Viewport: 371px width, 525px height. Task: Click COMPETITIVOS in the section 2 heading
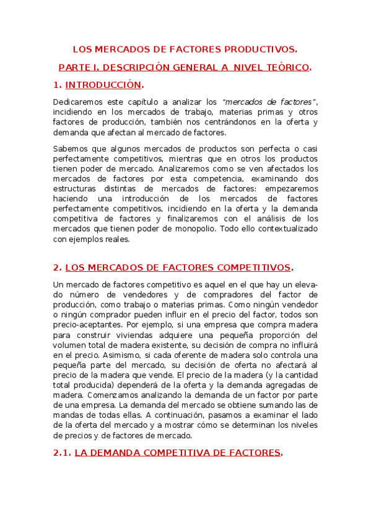click(x=253, y=267)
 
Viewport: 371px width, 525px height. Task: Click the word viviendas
click(x=123, y=334)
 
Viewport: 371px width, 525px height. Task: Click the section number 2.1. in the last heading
click(x=63, y=453)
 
